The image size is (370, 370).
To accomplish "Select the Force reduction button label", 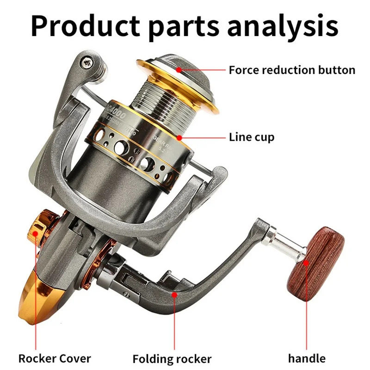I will [x=292, y=70].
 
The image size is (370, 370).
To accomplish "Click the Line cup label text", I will [x=252, y=137].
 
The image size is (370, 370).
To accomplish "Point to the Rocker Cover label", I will [x=55, y=358].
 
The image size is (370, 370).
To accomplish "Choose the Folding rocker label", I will [x=172, y=359].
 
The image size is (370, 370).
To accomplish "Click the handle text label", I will [x=307, y=358].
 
